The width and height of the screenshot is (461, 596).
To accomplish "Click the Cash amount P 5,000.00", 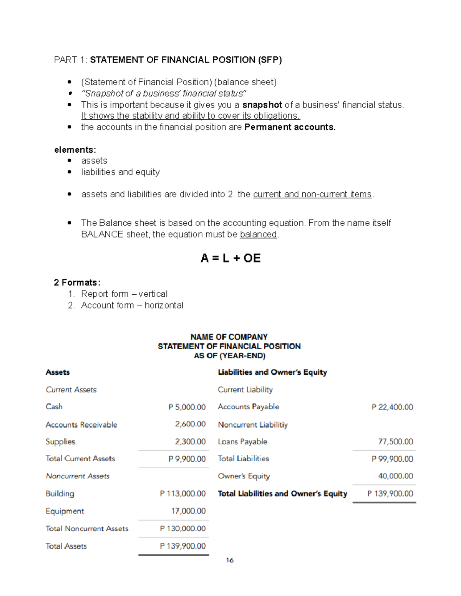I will pos(187,407).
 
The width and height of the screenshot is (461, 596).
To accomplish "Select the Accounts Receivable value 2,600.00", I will pos(190,424).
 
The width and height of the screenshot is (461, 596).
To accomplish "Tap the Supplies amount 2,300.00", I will pos(190,442).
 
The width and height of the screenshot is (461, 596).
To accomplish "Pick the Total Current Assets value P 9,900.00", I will pos(187,459).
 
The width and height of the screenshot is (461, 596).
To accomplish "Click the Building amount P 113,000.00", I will pos(183,494).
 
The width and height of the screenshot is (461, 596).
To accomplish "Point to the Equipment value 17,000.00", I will pos(188,511).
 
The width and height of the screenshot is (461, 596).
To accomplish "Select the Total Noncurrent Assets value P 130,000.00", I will pos(183,528).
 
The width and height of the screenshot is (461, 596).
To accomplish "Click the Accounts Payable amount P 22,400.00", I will pos(392,407).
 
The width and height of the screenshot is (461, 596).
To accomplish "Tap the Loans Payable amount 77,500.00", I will pos(395,442).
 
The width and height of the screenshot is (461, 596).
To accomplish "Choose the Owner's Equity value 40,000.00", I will pos(395,476).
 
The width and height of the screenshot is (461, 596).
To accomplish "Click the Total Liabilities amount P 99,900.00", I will pos(392,459).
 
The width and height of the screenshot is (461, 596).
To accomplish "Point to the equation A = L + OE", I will pos(230,258).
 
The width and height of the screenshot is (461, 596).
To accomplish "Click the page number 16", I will pos(230,560).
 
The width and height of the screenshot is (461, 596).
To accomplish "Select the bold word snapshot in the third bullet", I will pos(262,105).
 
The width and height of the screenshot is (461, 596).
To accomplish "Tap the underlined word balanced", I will pos(258,234).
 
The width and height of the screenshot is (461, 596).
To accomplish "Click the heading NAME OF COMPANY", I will pos(229,337).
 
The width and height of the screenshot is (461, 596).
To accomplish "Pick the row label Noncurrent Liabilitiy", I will pos(253,425).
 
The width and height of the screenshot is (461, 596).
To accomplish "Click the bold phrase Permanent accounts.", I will pos(290,127).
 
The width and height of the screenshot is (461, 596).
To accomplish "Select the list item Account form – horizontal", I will pos(132,305).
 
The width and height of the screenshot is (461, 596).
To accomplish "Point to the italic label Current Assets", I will pos(71,390).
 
